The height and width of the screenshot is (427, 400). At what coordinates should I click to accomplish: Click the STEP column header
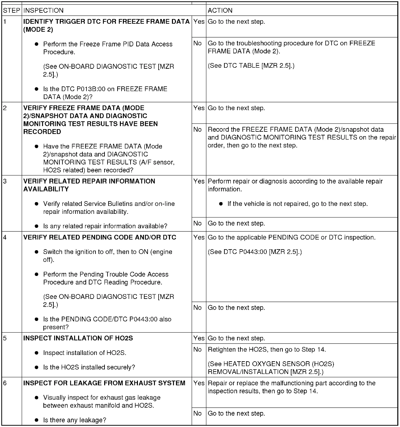[x=11, y=10]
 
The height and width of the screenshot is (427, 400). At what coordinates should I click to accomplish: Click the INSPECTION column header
[x=43, y=10]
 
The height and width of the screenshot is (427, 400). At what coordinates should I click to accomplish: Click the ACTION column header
[x=220, y=10]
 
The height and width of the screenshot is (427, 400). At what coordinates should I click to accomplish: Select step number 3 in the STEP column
[x=5, y=181]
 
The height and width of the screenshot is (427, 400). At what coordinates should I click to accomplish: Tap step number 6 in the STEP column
[x=5, y=383]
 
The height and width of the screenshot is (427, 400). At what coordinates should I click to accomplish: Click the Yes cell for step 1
[x=199, y=22]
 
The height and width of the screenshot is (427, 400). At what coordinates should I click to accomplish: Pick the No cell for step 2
[x=198, y=129]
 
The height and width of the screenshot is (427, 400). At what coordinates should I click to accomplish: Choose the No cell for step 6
[x=198, y=413]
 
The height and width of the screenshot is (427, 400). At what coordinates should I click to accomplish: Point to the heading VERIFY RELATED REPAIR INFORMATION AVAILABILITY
[x=89, y=185]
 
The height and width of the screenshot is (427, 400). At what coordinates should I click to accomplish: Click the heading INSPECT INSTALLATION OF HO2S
[x=78, y=338]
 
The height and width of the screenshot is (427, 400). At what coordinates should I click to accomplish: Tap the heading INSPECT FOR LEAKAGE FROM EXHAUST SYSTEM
[x=104, y=383]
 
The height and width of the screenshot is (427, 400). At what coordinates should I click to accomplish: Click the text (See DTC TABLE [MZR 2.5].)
[x=251, y=66]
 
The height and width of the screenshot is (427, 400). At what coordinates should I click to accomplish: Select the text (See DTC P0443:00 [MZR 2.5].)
[x=255, y=252]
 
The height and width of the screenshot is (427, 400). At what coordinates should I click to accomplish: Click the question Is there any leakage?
[x=75, y=420]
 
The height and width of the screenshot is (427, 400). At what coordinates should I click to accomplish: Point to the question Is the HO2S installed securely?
[x=89, y=367]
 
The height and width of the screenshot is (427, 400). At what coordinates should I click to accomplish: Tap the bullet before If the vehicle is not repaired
[x=221, y=204]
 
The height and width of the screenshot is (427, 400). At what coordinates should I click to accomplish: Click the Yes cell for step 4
[x=199, y=238]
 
